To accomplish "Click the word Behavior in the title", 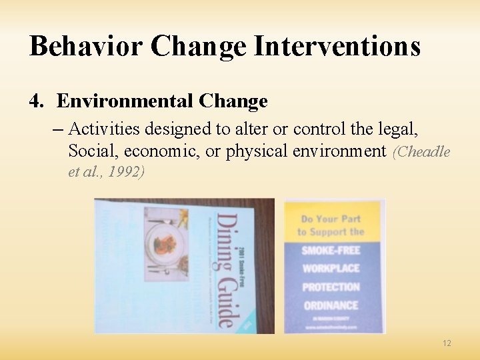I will (85, 47).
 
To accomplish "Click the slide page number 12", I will (447, 343).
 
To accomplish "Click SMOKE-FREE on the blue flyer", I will (331, 251).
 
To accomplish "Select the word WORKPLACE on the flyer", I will (331, 269).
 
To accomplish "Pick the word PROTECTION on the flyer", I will (331, 287).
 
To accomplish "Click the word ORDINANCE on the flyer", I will (331, 306).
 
